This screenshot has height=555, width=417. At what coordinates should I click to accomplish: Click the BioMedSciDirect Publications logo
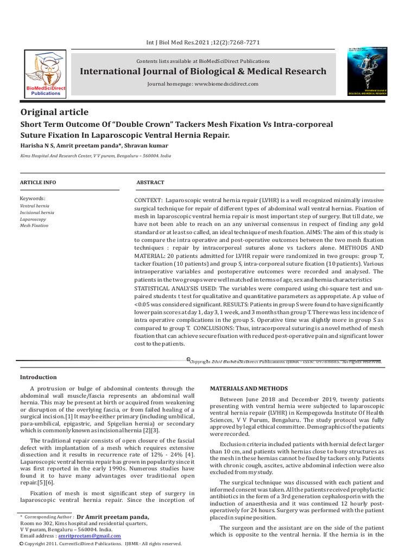click(46, 73)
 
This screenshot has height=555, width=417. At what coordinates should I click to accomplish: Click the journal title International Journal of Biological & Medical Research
click(203, 72)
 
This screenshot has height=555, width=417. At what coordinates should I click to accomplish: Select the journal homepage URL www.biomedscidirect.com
click(226, 84)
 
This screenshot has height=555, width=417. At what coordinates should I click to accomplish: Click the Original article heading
click(54, 112)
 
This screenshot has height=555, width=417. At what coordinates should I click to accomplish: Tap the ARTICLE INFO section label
click(37, 183)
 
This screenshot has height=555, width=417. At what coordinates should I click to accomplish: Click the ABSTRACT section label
click(150, 183)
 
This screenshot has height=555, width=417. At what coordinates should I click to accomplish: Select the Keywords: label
click(33, 199)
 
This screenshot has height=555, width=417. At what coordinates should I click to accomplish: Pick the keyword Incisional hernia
click(37, 213)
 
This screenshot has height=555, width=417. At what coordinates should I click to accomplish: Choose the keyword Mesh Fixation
click(34, 225)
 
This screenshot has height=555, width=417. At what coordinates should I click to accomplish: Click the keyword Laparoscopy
click(33, 220)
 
